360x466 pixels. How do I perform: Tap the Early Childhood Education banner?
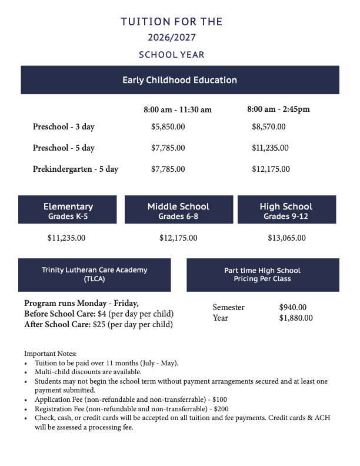(x=179, y=80)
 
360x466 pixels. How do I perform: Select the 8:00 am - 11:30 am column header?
(x=178, y=109)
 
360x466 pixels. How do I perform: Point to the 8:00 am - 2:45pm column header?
(x=278, y=109)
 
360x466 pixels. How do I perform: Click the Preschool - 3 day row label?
(x=64, y=127)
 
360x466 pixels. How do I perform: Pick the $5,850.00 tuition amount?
(x=168, y=127)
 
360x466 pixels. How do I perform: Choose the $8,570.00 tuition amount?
(x=269, y=127)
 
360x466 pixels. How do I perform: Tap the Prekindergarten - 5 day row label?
(x=75, y=169)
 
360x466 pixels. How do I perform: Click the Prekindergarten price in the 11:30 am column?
(x=168, y=169)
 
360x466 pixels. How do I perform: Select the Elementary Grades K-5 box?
(x=68, y=211)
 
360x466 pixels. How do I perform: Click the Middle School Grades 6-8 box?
(x=178, y=211)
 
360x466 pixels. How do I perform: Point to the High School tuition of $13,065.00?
(x=286, y=238)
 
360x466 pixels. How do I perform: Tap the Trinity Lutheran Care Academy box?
(x=95, y=274)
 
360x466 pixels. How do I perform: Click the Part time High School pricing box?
(x=262, y=274)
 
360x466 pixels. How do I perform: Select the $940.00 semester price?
(x=293, y=307)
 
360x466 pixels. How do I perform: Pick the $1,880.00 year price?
(x=296, y=318)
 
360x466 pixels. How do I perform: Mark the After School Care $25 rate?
(x=98, y=324)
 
